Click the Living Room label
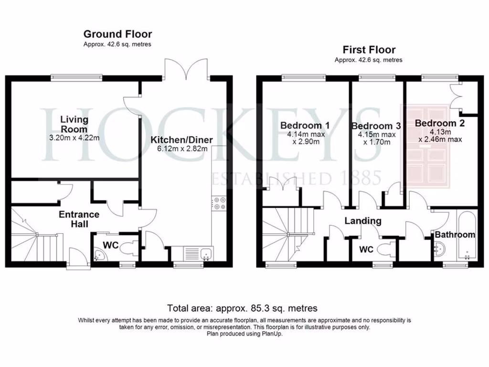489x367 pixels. tap(74, 124)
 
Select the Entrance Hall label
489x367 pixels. tap(79, 219)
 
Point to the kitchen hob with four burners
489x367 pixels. tap(220, 204)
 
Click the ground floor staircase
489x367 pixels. tap(36, 237)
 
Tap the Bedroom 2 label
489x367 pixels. tap(440, 123)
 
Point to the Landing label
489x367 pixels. tap(363, 221)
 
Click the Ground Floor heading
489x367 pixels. tap(117, 34)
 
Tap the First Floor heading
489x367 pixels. tap(369, 50)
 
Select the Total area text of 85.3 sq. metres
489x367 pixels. tap(242, 308)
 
